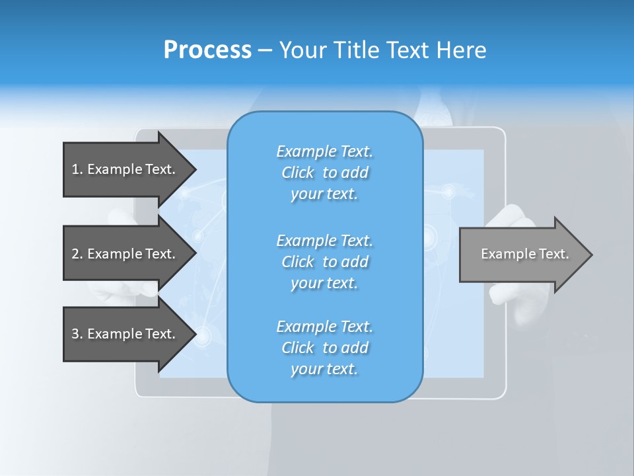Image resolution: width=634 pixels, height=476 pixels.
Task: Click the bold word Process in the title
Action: [207, 50]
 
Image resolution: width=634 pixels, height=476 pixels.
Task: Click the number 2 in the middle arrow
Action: [75, 254]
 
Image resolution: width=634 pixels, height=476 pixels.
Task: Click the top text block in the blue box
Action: [324, 173]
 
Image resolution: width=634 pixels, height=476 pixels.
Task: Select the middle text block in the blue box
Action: [324, 262]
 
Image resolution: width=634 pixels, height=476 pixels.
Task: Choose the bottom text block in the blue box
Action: [324, 348]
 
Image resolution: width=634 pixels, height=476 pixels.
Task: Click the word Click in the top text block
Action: [298, 173]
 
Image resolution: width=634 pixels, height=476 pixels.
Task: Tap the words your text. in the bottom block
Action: [324, 369]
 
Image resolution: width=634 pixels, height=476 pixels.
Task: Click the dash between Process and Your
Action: [265, 50]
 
